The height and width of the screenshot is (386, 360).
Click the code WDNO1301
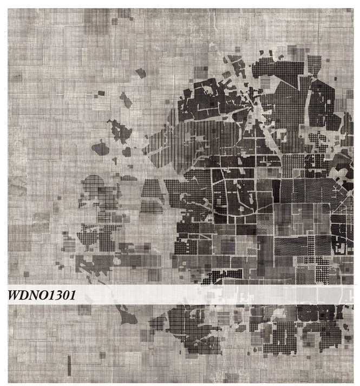(x=42, y=296)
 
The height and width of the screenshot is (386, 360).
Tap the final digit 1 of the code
(x=73, y=296)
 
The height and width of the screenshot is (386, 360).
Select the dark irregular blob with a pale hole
(x=119, y=131)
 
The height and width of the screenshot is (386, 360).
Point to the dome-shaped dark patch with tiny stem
(x=100, y=147)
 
